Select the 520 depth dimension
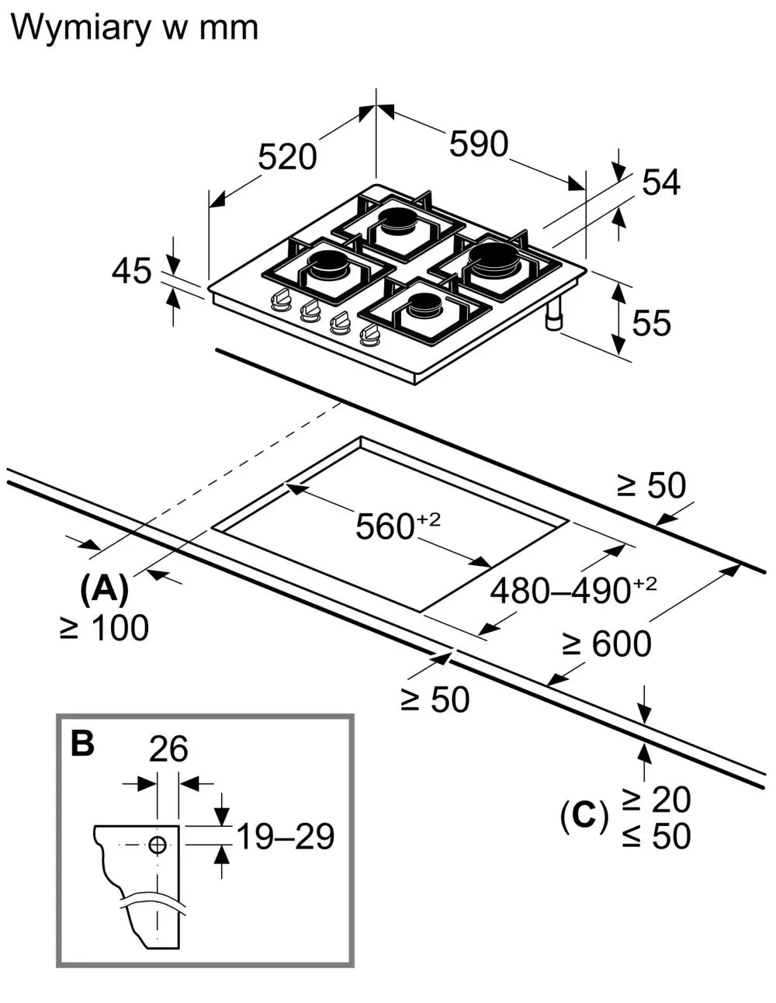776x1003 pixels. pyautogui.click(x=287, y=158)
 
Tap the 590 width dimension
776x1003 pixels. pyautogui.click(x=479, y=144)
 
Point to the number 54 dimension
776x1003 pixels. pyautogui.click(x=660, y=182)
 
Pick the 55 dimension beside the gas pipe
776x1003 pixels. pyautogui.click(x=651, y=323)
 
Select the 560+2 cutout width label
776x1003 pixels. pyautogui.click(x=397, y=526)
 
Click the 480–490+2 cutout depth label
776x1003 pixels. pyautogui.click(x=573, y=589)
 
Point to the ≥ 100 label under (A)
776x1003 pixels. pyautogui.click(x=104, y=627)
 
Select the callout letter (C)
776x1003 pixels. pyautogui.click(x=584, y=815)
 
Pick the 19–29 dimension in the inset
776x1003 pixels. pyautogui.click(x=286, y=836)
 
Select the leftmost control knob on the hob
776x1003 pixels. pyautogui.click(x=280, y=300)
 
